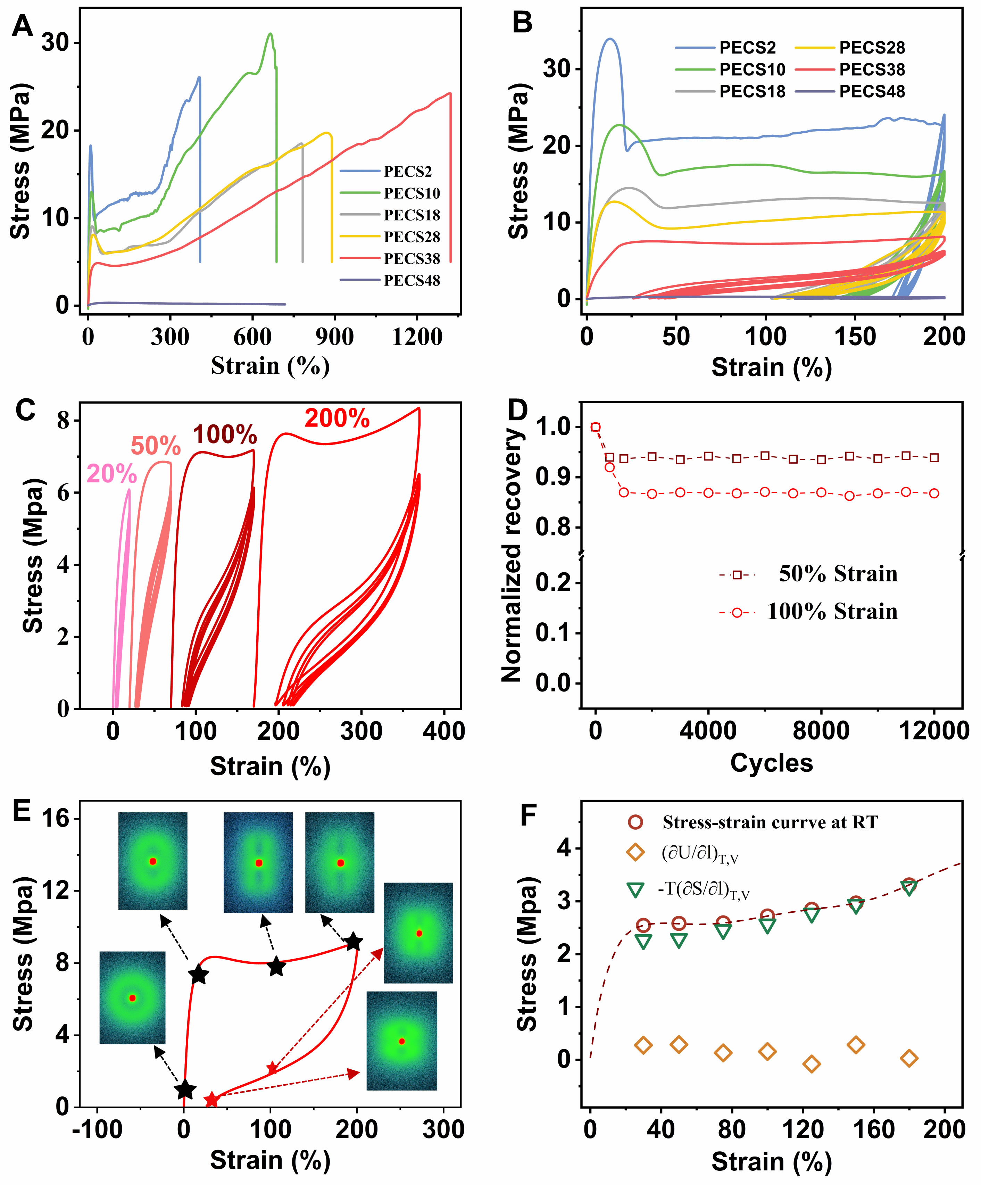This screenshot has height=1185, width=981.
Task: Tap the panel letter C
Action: coord(25,410)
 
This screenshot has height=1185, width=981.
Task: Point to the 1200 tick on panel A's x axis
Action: coord(417,338)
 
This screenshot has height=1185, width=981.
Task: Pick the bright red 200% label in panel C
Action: coord(337,419)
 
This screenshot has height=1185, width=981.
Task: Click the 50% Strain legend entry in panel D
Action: coord(838,574)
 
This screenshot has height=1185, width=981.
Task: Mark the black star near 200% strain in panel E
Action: coord(354,942)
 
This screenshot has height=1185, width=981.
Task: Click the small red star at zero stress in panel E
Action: coord(211,1099)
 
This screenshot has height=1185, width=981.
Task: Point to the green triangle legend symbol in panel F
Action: coord(636,890)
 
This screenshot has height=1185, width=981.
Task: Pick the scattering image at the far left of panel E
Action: coord(133,998)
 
